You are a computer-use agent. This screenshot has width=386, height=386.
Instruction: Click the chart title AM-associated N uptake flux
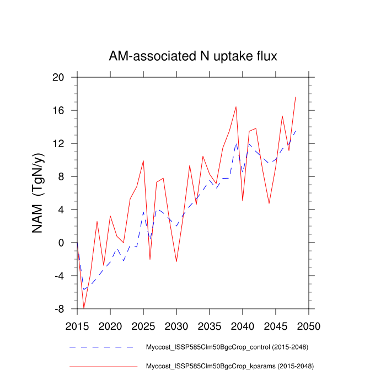pos(192,56)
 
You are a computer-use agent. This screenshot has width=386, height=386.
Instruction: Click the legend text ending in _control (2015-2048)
pos(226,347)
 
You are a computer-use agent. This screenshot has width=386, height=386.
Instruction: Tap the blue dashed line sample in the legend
pos(102,347)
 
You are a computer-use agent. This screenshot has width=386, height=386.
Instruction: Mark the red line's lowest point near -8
pos(84,308)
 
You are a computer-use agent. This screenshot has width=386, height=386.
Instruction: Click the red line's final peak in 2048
pos(296,97)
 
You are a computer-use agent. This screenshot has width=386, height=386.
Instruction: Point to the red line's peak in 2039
pos(236,107)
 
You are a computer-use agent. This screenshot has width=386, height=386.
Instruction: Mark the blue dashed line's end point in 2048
pos(296,131)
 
